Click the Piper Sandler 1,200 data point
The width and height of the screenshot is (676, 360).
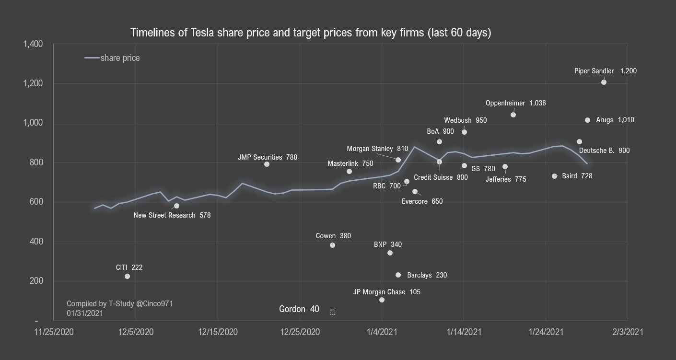pos(604,82)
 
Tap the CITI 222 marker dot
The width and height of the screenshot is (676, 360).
pos(127,276)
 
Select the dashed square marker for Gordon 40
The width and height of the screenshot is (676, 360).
pos(332,312)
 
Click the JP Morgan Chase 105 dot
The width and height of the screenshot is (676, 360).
pos(382,300)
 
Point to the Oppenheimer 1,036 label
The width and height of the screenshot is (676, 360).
pos(515,103)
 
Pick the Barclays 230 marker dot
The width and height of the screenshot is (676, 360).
pos(398,275)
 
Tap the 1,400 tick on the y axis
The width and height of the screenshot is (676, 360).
pos(33,44)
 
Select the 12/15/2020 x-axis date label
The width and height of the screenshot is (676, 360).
pos(218,332)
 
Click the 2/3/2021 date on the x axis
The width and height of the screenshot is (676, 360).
pos(628,332)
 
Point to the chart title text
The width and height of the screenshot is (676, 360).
pos(311,33)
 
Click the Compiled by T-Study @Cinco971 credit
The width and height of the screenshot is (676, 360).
pos(119,303)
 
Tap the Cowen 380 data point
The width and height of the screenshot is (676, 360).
pos(332,245)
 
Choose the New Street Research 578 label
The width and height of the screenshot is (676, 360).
pos(172,215)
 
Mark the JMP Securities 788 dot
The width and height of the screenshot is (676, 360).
pos(267,164)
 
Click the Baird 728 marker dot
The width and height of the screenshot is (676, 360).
pos(554,176)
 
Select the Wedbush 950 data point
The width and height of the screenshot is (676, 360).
pos(464,132)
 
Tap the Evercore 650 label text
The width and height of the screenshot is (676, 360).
pos(422,201)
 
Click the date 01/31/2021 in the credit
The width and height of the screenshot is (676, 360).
pos(85,313)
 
